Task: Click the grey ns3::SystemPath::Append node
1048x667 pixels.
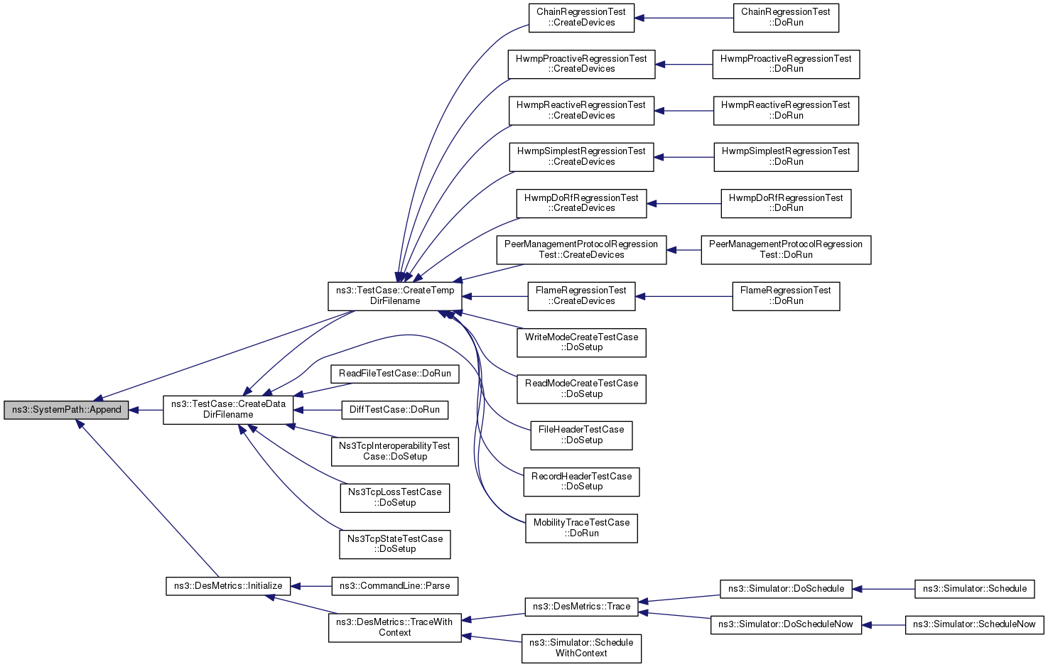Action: click(66, 410)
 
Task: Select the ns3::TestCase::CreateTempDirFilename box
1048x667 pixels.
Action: click(395, 296)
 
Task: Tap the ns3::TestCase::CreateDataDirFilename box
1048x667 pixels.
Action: click(228, 410)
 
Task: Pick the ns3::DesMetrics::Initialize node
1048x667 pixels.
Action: click(228, 586)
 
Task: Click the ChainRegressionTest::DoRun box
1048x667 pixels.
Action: click(786, 18)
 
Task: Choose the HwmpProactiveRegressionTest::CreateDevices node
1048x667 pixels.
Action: click(581, 64)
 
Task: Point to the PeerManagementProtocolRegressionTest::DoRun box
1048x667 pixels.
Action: click(786, 250)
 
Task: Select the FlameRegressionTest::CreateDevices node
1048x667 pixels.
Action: click(581, 296)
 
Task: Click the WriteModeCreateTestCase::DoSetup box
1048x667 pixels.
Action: click(581, 342)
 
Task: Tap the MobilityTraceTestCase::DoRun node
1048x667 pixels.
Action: click(581, 528)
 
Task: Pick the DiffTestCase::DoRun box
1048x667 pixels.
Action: click(395, 410)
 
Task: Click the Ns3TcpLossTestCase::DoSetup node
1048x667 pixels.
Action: click(395, 498)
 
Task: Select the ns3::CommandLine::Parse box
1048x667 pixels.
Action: click(395, 586)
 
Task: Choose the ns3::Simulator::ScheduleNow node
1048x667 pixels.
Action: click(975, 625)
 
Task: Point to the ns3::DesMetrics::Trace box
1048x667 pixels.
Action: click(581, 607)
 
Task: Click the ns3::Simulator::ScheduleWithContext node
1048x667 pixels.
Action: click(581, 649)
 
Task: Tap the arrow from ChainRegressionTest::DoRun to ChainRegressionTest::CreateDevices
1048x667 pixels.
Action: click(684, 18)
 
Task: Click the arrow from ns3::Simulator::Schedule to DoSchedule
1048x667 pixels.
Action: click(883, 589)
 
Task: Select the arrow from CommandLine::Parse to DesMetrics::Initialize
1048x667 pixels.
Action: click(311, 586)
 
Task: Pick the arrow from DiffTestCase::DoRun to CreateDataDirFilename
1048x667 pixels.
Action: click(318, 410)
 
